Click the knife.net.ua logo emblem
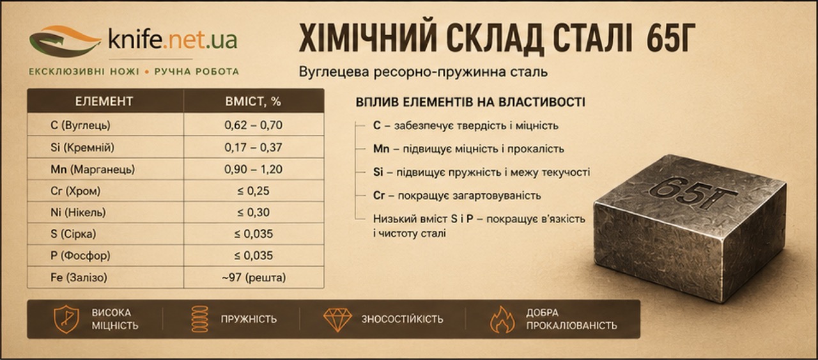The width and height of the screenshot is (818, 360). point(65,41)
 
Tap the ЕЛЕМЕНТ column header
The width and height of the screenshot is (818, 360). point(104,101)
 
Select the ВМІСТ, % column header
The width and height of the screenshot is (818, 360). point(253,101)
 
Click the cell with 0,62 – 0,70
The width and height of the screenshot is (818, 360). point(254,125)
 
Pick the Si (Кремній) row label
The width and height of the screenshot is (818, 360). point(82,147)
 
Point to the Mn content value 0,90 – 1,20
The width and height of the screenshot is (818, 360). point(254,169)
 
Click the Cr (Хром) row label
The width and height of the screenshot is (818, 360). point(75,191)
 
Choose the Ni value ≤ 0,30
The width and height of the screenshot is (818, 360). point(254,212)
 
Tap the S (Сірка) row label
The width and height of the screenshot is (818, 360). point(73,234)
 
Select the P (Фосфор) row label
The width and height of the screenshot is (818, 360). point(81,256)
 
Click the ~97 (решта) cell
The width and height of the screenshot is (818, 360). point(254,278)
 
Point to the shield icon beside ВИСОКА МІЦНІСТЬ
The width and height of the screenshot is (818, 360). point(66,319)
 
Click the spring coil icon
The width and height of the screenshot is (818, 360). point(200,319)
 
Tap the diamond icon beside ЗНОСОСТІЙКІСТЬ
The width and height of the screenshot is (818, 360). point(338,320)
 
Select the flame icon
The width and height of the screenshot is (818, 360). point(502,320)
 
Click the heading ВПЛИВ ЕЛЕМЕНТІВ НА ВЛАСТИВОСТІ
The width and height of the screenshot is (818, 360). point(470,102)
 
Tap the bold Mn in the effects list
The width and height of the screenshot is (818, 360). point(381,149)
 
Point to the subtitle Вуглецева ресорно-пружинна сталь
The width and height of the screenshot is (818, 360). point(423,72)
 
